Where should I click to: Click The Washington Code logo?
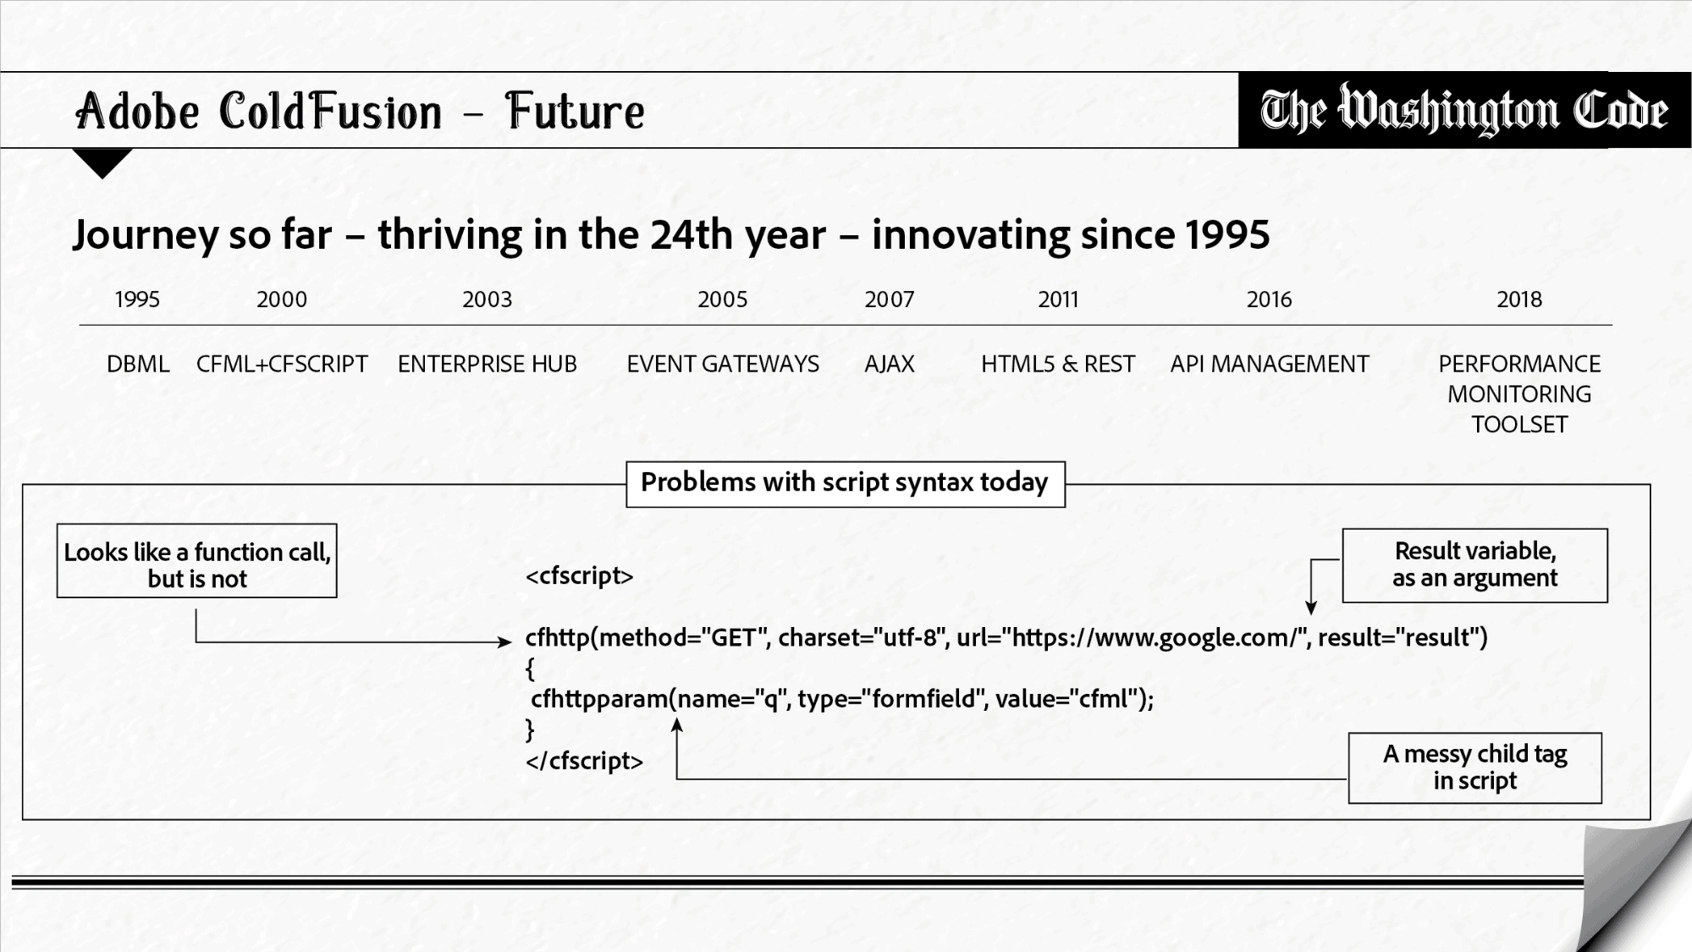click(x=1463, y=110)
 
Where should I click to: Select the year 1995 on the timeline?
click(x=137, y=300)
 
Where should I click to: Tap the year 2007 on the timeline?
click(x=889, y=300)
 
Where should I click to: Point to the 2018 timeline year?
click(x=1518, y=300)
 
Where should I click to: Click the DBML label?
click(x=138, y=364)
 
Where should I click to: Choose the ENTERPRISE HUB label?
click(x=487, y=364)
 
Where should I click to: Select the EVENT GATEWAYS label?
click(x=722, y=364)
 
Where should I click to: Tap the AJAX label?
click(x=889, y=364)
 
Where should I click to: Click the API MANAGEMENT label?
click(x=1269, y=364)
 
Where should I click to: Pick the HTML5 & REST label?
click(x=1057, y=364)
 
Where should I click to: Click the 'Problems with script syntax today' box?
click(x=845, y=483)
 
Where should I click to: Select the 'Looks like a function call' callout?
click(x=197, y=561)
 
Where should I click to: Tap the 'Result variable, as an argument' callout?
click(x=1474, y=565)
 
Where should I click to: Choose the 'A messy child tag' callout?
click(x=1474, y=768)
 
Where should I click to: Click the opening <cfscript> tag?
click(x=579, y=576)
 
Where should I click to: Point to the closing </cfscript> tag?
click(x=584, y=761)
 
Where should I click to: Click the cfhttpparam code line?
click(x=841, y=699)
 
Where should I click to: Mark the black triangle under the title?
click(x=102, y=161)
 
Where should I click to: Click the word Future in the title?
click(x=575, y=112)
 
